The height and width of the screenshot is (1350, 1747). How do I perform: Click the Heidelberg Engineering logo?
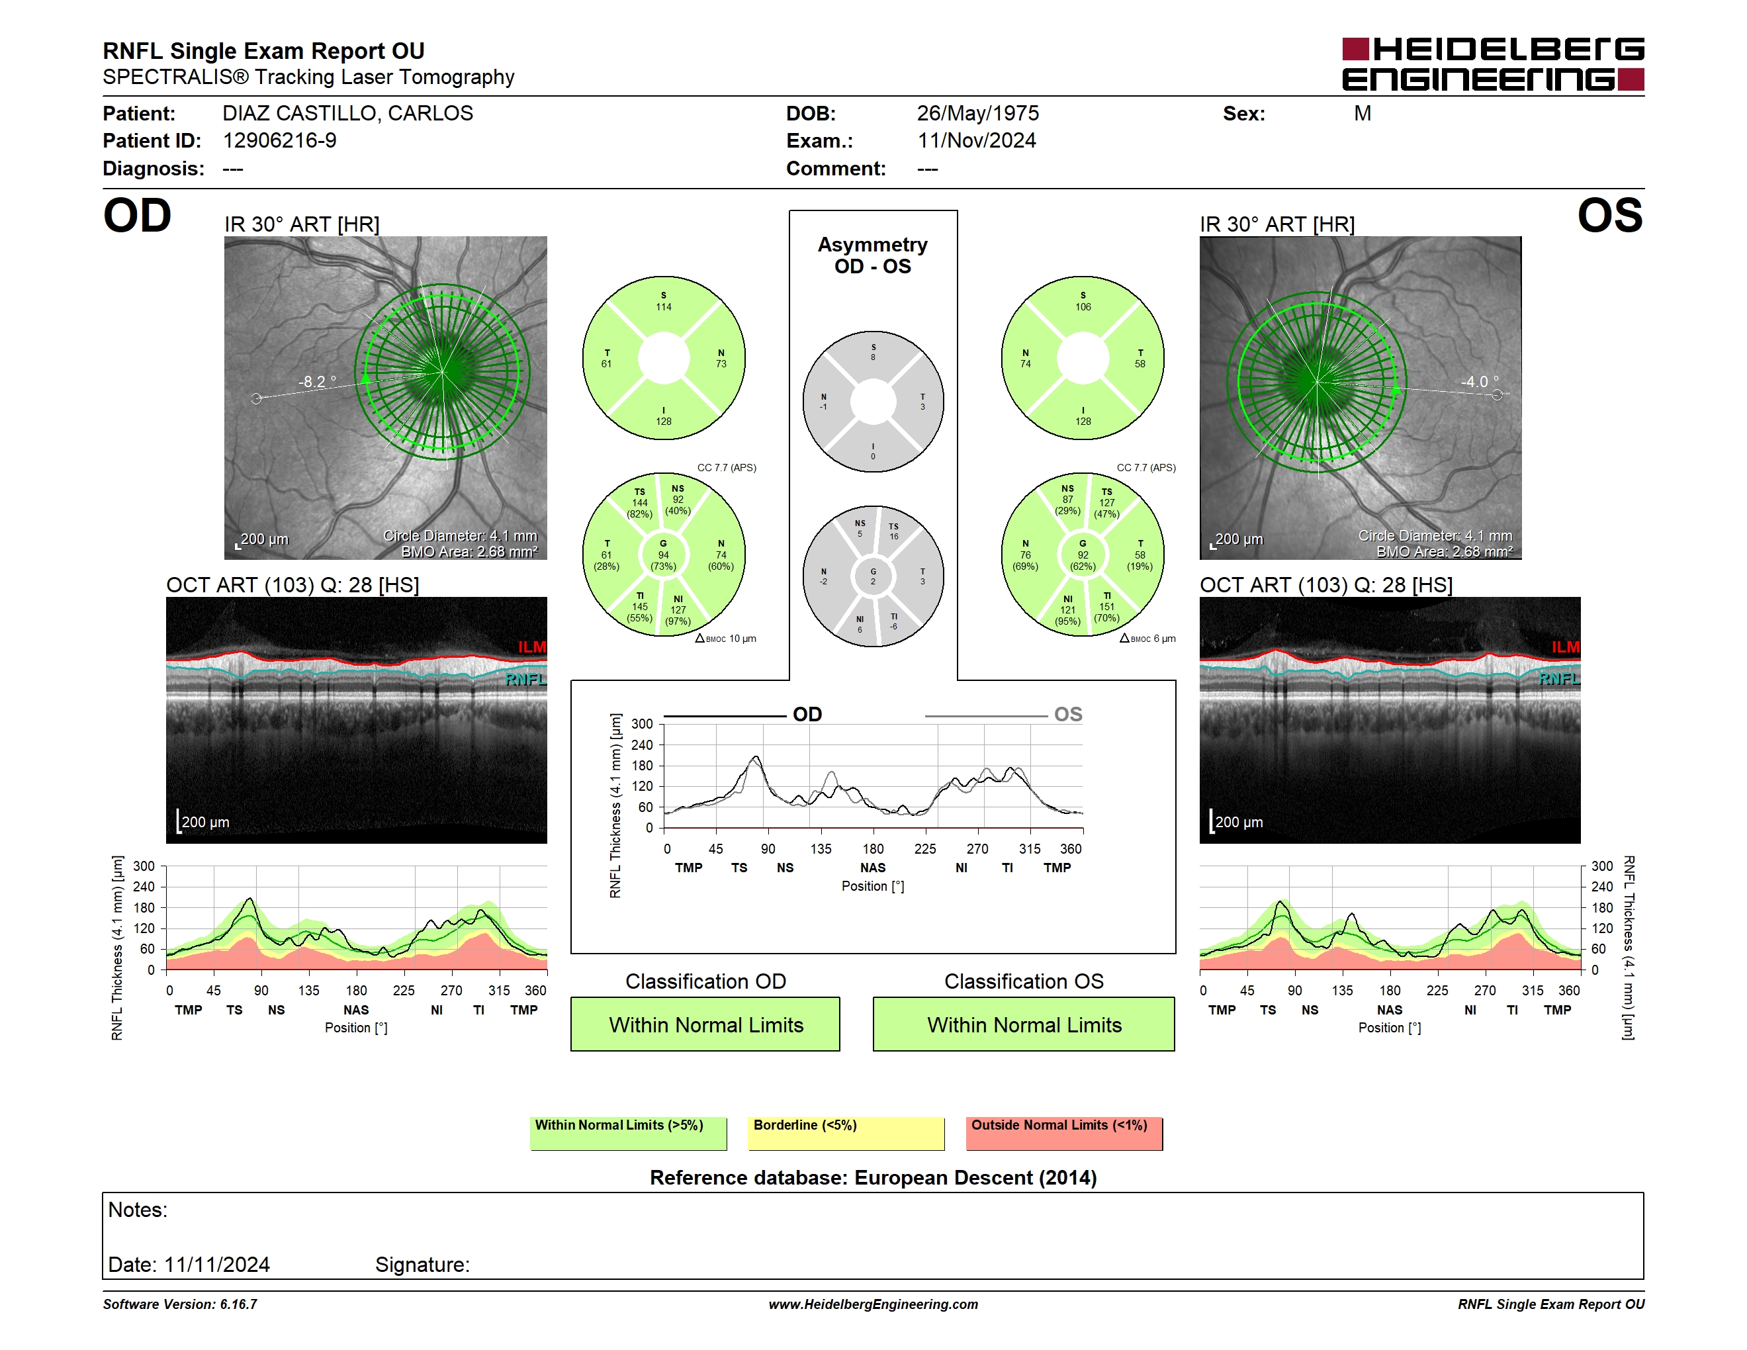(1493, 64)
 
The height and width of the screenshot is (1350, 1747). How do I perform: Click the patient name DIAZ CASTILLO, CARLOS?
(348, 114)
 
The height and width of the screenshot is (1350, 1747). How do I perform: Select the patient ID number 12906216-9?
(279, 141)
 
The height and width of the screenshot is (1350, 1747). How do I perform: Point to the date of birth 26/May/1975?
(977, 114)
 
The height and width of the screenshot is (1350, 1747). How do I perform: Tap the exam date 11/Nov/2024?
(976, 141)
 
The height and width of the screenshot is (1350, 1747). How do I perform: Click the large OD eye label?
(137, 216)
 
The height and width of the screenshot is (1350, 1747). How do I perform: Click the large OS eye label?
(1609, 216)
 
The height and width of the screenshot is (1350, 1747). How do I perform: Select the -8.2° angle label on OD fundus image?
(317, 381)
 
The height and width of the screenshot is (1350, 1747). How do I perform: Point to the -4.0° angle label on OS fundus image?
(1479, 381)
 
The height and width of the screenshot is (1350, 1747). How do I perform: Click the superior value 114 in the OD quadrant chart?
(663, 307)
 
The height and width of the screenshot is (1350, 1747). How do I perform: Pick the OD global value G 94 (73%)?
(663, 555)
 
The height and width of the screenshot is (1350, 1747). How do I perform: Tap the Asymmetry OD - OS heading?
(873, 255)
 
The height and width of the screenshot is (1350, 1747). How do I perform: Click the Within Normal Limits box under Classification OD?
(705, 1024)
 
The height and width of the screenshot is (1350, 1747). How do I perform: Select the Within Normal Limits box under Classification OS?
(1024, 1024)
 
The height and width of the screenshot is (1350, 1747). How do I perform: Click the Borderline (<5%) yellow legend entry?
(846, 1133)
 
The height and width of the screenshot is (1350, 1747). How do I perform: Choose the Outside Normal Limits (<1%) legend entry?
(1064, 1133)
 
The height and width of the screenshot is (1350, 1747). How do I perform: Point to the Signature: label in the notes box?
(422, 1265)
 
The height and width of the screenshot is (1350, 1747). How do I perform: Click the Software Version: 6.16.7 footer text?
(180, 1304)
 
